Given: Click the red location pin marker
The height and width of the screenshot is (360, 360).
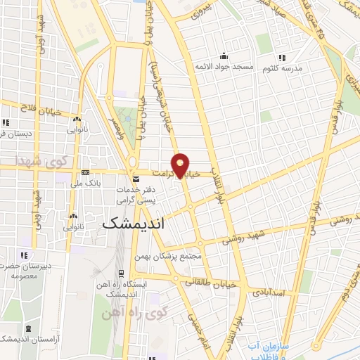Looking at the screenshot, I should click(x=181, y=165).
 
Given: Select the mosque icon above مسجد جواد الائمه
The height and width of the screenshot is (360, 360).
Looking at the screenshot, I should click(x=224, y=56).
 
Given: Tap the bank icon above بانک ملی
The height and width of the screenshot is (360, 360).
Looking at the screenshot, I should click(x=85, y=172).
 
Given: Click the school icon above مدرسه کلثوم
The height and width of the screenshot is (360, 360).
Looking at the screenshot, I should click(x=281, y=56).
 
